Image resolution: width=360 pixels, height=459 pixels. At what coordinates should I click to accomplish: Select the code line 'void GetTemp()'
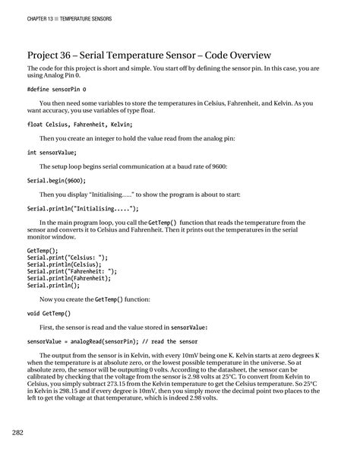click(x=49, y=313)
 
